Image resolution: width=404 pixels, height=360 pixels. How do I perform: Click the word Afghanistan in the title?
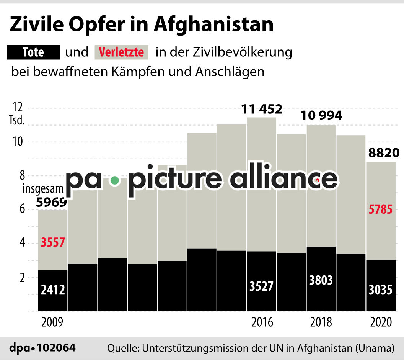coord(213,25)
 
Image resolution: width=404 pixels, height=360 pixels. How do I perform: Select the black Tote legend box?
coord(33,52)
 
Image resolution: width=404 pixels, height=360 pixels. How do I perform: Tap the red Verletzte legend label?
coord(121,52)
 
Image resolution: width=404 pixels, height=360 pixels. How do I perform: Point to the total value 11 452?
coord(262,110)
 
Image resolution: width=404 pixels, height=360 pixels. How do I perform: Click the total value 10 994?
coord(321,115)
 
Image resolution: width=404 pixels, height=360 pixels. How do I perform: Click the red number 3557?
coord(53,243)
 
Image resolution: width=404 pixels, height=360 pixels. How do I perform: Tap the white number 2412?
coord(53,290)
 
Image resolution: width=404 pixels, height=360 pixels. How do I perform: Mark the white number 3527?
coord(262,286)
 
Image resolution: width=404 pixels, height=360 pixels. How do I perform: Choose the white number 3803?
coord(321,280)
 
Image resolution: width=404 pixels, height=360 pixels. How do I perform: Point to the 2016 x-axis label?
coord(262,322)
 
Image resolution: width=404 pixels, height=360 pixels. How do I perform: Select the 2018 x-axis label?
coord(321,322)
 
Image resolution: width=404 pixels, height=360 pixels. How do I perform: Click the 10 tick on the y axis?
coord(16,142)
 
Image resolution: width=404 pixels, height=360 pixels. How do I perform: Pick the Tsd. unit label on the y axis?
coord(17,121)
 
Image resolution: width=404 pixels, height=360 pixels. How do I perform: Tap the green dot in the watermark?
coord(114,180)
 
